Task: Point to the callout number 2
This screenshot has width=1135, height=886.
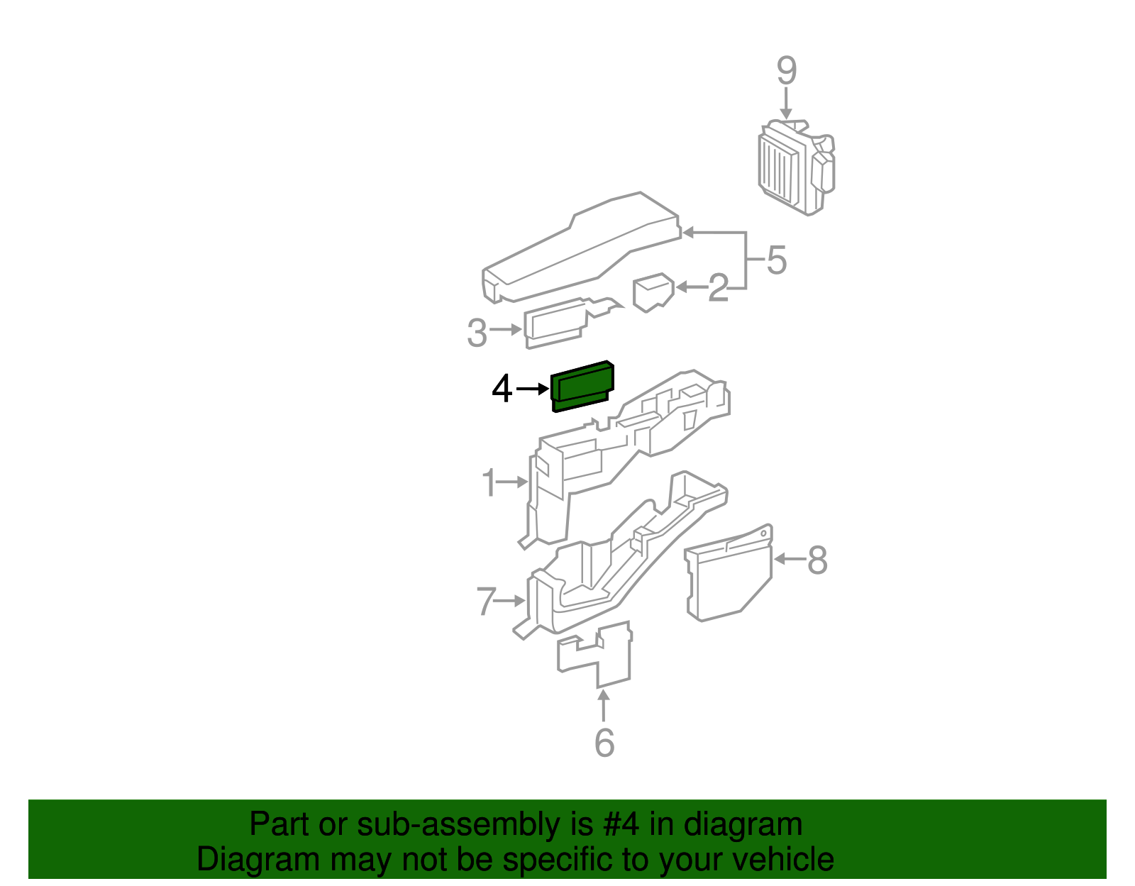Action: coord(719,287)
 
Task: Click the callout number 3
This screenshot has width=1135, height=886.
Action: coord(477,333)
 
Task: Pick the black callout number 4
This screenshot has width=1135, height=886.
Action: coord(502,389)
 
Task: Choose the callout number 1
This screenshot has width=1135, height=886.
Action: coord(489,483)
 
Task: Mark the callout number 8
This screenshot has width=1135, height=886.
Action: coord(817,560)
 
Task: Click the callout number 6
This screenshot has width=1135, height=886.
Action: coord(604,743)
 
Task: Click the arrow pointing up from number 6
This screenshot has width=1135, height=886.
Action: coord(603,706)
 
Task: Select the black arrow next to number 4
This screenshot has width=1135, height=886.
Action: coord(533,389)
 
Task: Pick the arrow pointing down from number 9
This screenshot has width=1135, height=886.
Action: coord(786,104)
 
